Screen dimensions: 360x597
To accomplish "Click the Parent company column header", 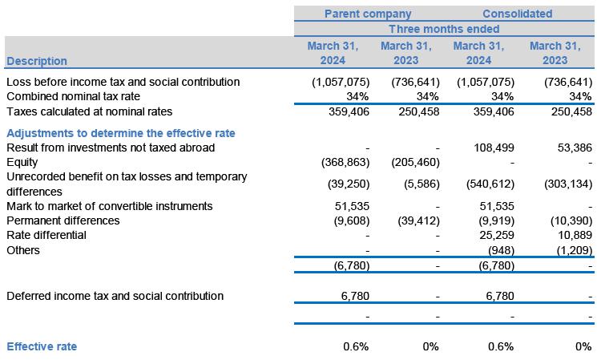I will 367,14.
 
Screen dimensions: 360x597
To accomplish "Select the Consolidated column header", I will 517,14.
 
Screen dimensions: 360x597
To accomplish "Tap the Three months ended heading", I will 445,29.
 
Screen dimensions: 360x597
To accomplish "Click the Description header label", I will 37,61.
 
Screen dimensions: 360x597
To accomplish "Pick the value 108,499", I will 493,148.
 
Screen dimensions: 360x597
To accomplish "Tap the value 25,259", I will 496,236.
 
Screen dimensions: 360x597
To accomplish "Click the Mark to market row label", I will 109,206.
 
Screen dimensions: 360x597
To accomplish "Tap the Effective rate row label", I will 42,346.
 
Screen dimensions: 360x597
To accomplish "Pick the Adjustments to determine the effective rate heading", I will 120,133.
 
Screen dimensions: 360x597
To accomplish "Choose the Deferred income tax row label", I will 115,296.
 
